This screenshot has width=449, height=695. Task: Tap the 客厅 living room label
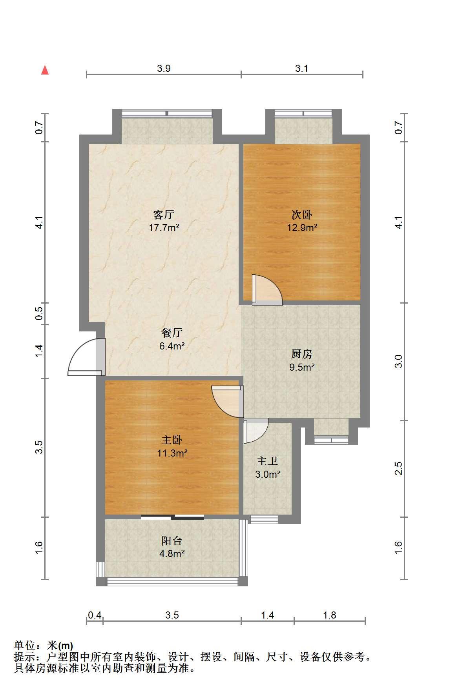point(164,215)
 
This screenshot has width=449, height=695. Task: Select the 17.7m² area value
point(164,227)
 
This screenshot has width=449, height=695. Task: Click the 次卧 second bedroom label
point(302,215)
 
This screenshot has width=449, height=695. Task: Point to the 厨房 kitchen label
point(302,354)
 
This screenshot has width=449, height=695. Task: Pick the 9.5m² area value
point(302,368)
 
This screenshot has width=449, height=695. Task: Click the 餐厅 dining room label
point(172,333)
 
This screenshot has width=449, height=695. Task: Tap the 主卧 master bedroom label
point(172,440)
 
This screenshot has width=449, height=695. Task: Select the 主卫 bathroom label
point(267,461)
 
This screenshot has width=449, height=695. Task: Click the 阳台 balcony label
point(172,541)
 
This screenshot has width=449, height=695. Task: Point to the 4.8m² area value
point(172,554)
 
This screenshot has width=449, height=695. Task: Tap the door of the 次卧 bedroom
point(267,289)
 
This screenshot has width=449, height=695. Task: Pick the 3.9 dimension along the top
point(164,68)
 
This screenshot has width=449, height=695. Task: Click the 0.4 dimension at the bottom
point(94,615)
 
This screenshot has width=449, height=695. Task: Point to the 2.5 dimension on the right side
point(399,469)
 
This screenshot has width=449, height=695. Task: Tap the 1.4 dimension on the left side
point(39,351)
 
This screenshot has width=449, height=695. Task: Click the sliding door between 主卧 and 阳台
point(173,517)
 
